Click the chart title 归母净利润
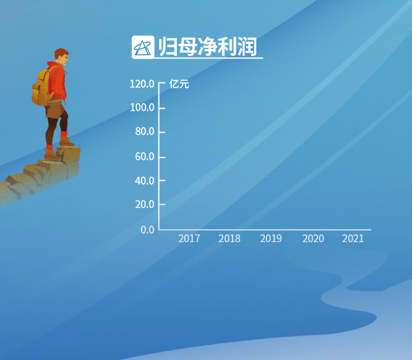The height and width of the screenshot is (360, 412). coord(207,47)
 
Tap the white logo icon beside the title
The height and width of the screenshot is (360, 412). coord(143,47)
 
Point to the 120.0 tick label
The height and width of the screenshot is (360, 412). coord(142,84)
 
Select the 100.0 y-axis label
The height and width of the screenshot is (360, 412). coord(142,108)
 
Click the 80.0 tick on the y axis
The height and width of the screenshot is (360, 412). coord(145,131)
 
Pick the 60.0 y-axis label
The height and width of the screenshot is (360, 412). coord(145,156)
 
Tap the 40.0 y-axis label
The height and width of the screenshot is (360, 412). coord(145,181)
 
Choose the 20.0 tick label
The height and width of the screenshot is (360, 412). coord(145,204)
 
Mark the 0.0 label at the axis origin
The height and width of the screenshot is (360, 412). coord(147,230)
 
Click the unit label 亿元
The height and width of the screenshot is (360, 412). coord(179,84)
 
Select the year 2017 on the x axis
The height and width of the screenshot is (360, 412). coord(189,238)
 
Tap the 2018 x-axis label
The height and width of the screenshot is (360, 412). coord(229,238)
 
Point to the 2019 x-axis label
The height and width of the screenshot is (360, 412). coord(271,238)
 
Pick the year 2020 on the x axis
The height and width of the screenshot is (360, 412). coord(313,238)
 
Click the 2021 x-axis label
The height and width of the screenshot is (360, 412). coord(353,238)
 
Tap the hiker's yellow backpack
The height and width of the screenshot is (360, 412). coord(41,88)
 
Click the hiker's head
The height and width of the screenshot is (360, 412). coord(62,57)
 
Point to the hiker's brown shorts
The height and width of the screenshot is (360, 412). coord(55,108)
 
